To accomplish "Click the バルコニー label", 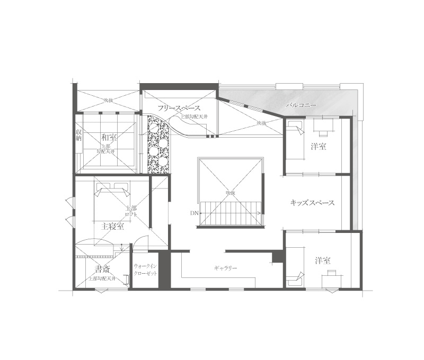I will pyautogui.click(x=301, y=105).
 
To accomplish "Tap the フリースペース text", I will pyautogui.click(x=178, y=107).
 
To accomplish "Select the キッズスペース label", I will pyautogui.click(x=312, y=203).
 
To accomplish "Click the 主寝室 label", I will pyautogui.click(x=112, y=226).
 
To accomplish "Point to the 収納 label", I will pyautogui.click(x=78, y=136).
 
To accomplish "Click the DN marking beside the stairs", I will pyautogui.click(x=194, y=213).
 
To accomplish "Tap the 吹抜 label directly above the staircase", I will pyautogui.click(x=229, y=192).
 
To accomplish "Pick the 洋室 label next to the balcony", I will pyautogui.click(x=318, y=147).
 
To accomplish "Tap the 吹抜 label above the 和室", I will pyautogui.click(x=109, y=100).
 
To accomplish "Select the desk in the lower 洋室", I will pyautogui.click(x=332, y=274).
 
